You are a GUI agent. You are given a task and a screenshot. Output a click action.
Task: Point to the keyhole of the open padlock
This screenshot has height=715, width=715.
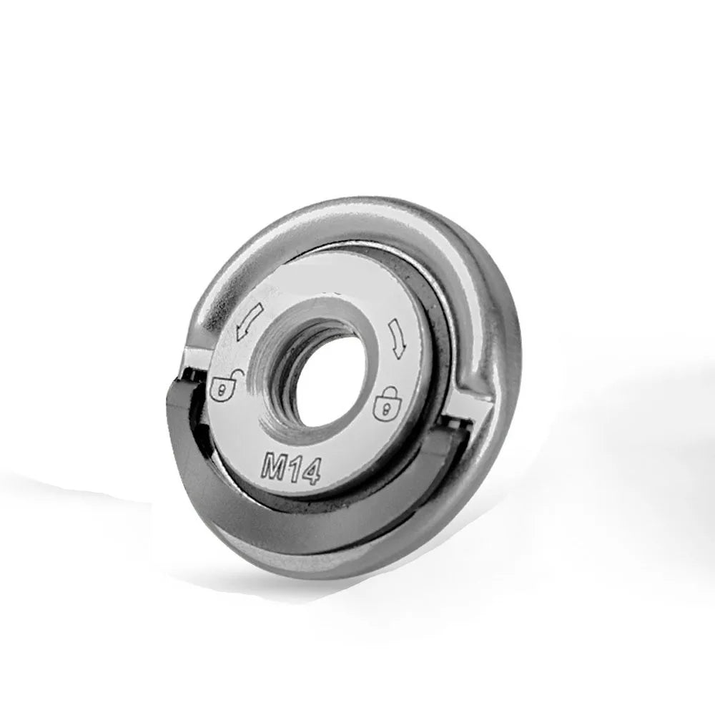222,391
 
